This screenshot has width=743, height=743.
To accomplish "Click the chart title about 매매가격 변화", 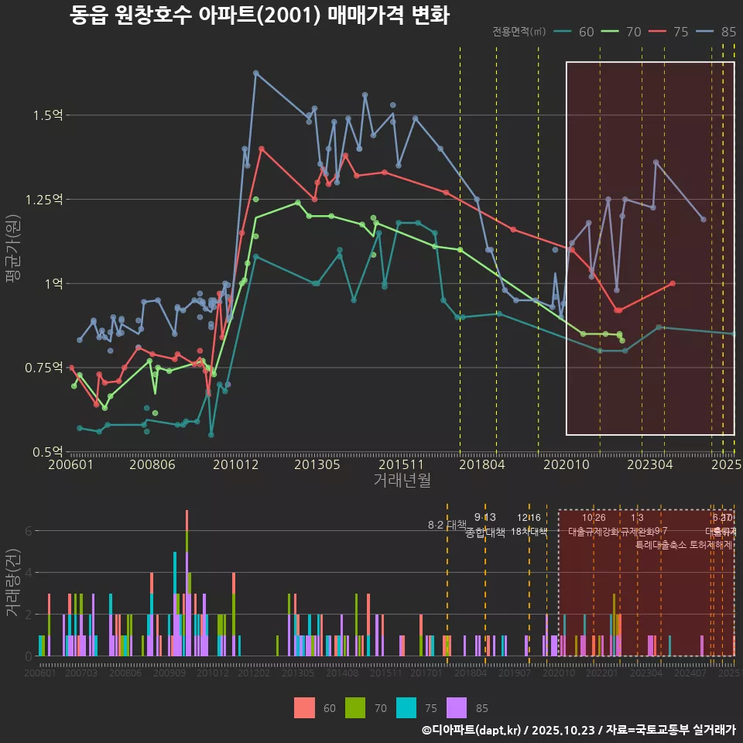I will pos(259,15).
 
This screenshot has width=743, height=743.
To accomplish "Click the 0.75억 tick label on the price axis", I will pos(45,368).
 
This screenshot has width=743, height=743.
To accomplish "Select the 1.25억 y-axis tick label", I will pos(45,200).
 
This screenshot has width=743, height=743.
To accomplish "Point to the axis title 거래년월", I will pos(402,481).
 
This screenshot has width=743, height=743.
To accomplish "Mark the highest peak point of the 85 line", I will pos(255,73).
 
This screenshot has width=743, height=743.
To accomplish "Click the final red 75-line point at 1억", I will pos(673,283).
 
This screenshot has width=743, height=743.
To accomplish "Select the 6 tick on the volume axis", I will pos(28,531).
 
